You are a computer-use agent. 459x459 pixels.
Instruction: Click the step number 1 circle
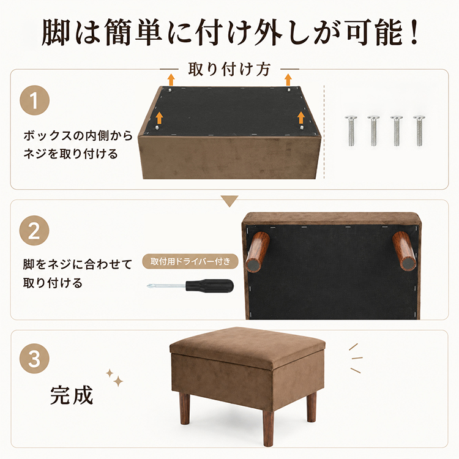34,100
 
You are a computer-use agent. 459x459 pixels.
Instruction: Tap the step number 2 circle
34,231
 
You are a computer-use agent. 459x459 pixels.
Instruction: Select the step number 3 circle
34,358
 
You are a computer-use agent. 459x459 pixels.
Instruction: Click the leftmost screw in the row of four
351,130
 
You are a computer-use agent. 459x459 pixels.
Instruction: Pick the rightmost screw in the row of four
419,130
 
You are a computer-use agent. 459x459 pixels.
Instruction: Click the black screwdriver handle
209,285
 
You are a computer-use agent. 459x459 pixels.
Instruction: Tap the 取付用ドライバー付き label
190,261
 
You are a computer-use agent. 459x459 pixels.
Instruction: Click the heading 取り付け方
229,70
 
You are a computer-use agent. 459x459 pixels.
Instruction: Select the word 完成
72,395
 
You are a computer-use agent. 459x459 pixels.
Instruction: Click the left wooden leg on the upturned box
257,252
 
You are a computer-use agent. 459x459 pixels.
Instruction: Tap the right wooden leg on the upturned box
404,251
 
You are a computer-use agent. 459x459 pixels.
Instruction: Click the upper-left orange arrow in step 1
171,80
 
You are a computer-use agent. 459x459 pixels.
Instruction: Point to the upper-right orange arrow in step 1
288,80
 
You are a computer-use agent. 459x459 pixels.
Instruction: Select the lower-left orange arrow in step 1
159,118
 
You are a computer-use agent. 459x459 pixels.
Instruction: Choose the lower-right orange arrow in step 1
301,117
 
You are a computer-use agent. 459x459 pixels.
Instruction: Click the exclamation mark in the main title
414,32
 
